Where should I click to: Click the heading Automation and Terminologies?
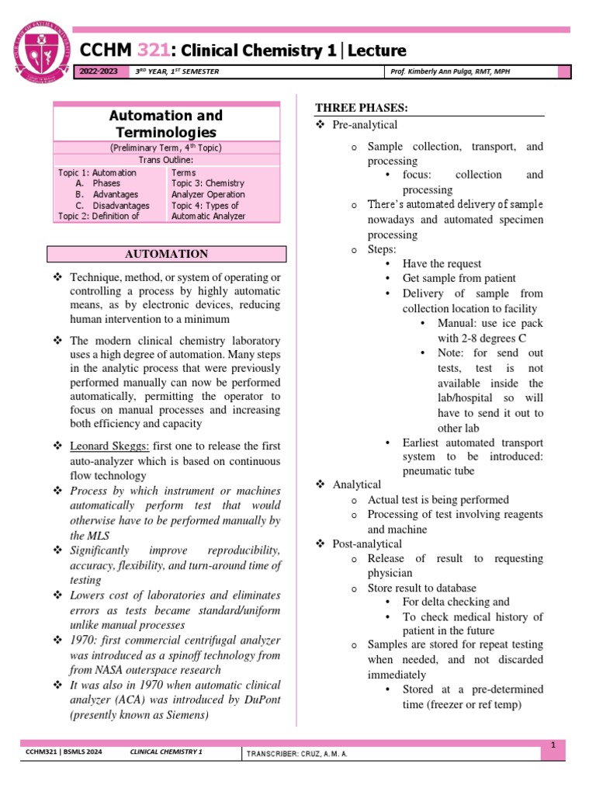[166, 124]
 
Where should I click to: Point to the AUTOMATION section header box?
[167, 254]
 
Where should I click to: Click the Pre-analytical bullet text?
[365, 125]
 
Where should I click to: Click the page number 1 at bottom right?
[554, 745]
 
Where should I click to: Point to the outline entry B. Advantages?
[107, 194]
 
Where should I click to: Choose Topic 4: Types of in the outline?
[207, 205]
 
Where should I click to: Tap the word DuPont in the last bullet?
[259, 701]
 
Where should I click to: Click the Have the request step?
[442, 264]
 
